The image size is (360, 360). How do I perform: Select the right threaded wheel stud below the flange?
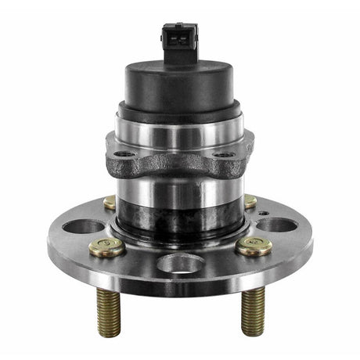pyautogui.click(x=252, y=311)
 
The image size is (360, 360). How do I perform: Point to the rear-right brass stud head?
pyautogui.click(x=250, y=202)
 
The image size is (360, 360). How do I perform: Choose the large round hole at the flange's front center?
pyautogui.click(x=178, y=263)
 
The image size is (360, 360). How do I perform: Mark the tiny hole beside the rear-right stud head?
pyautogui.click(x=264, y=212)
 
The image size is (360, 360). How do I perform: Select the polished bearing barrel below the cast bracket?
pyautogui.click(x=179, y=192)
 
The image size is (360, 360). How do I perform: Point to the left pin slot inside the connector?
pyautogui.click(x=174, y=32)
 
